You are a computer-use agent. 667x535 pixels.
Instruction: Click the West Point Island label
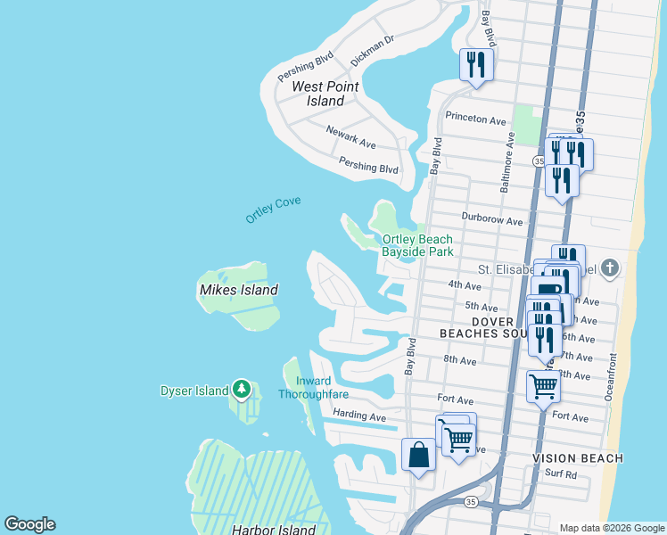(319, 94)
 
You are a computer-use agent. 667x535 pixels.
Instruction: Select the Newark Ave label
(350, 136)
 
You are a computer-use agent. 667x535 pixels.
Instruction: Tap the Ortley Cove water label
(273, 210)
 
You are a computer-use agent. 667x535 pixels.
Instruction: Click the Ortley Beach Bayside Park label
(417, 245)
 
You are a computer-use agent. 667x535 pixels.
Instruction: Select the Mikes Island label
(238, 290)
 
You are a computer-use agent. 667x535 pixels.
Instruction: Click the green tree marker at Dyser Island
(241, 390)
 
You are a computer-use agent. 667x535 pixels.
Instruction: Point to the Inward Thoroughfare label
(312, 388)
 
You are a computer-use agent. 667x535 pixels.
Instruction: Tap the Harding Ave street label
(358, 416)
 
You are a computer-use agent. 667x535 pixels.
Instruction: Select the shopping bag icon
(418, 456)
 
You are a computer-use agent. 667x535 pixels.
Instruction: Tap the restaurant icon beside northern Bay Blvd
(475, 64)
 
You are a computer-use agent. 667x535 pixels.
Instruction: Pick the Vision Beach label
(577, 458)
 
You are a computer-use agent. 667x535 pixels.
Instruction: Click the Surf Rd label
(561, 474)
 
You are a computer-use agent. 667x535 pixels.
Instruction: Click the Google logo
(30, 524)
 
